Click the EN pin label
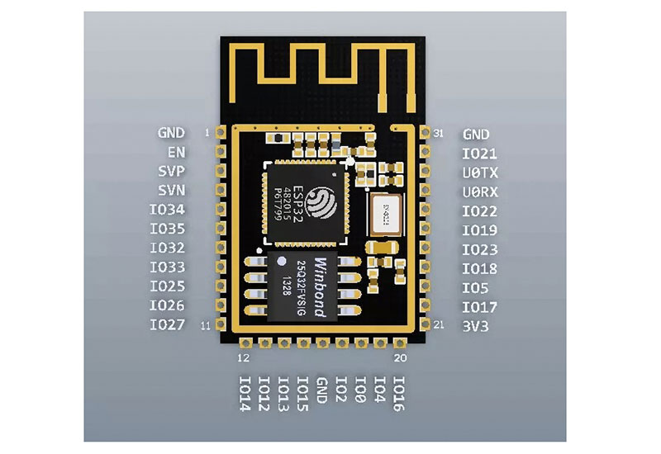click(176, 153)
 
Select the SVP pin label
click(171, 172)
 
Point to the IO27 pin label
click(168, 325)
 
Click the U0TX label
click(480, 173)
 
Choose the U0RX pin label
click(480, 192)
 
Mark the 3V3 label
click(476, 325)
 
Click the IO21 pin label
click(480, 154)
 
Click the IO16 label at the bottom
click(399, 395)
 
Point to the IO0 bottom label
click(360, 389)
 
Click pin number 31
click(438, 132)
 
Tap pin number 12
click(243, 357)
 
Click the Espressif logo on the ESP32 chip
click(320, 201)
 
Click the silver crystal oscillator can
click(384, 214)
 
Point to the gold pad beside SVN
click(220, 191)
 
